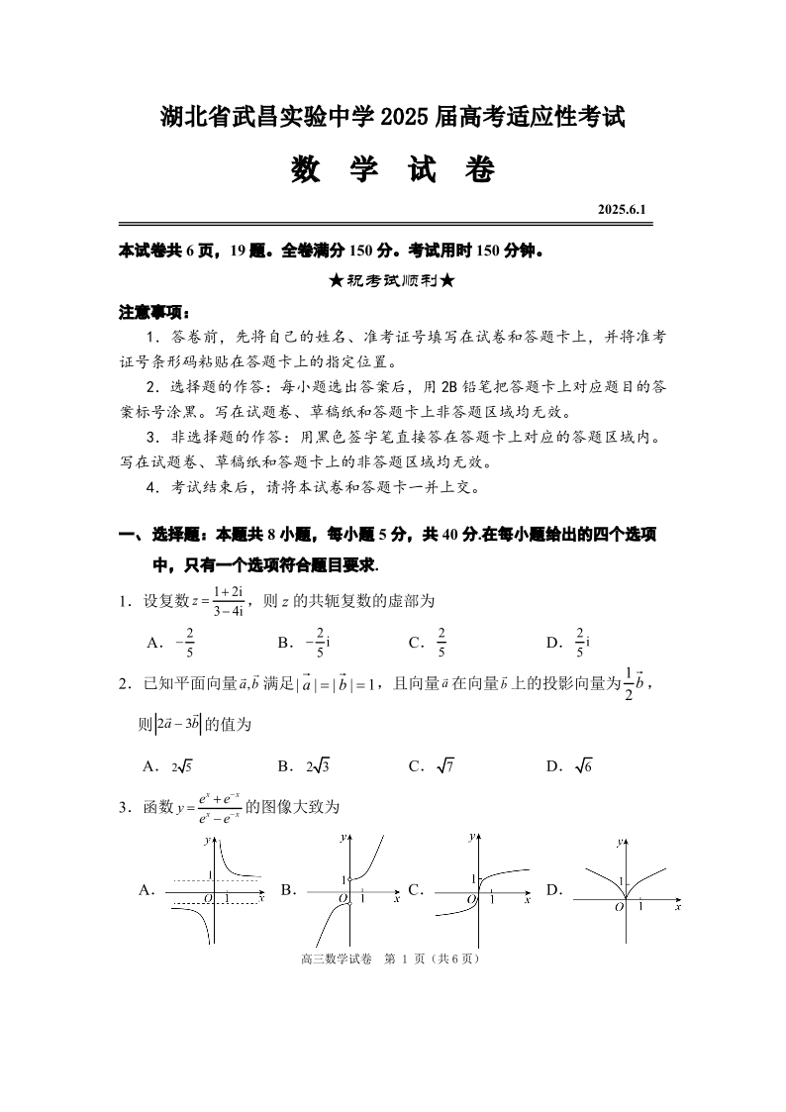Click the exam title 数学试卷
tap(393, 170)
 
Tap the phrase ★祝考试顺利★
tap(393, 280)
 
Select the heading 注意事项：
tap(154, 312)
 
